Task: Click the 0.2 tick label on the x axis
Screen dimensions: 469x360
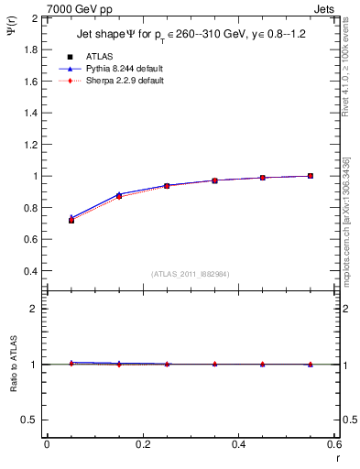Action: [143, 444]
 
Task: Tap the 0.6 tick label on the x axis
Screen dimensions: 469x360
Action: [334, 444]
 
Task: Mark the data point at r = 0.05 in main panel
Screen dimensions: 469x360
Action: [71, 220]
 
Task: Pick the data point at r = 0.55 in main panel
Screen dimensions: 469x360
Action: [311, 176]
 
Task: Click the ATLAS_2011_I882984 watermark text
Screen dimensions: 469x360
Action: [190, 274]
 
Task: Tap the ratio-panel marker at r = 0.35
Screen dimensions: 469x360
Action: [214, 364]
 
